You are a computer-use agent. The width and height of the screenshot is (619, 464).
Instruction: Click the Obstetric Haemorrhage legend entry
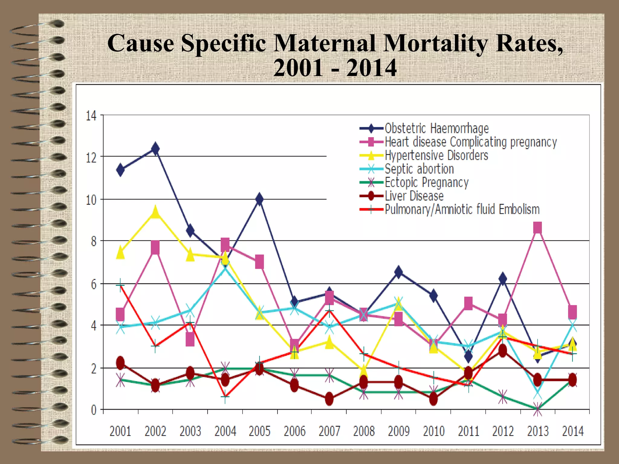[436, 128]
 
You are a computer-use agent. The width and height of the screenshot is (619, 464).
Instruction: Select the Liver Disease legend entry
[414, 196]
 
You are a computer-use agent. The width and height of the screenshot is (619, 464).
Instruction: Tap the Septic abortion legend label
[419, 169]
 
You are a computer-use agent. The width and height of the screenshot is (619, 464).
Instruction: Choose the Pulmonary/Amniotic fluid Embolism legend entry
[462, 209]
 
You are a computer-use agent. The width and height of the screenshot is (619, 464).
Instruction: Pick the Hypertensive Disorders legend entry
[436, 156]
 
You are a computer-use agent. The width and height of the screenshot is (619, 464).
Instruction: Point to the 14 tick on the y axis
[91, 116]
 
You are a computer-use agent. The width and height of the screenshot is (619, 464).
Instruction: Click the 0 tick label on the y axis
[94, 410]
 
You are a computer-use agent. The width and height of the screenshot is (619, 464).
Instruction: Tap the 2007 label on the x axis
[329, 431]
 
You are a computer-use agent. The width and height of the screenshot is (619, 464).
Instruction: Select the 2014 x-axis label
[573, 431]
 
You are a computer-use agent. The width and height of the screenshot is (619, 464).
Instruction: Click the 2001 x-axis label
[120, 431]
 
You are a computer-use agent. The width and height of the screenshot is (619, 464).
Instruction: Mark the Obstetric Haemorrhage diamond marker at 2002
[155, 149]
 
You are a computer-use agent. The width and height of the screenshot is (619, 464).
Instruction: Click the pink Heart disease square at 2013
[537, 228]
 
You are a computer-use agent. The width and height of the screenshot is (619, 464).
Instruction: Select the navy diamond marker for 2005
[259, 199]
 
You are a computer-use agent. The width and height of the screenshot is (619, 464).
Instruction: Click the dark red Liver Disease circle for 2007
[329, 399]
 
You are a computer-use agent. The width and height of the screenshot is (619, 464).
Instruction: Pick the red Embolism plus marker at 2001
[120, 285]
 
